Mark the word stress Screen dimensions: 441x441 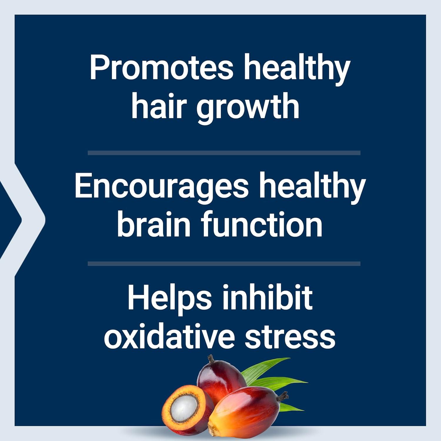pyautogui.click(x=290, y=337)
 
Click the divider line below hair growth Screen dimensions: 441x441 pyautogui.click(x=224, y=153)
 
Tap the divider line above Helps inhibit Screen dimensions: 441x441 pyautogui.click(x=224, y=264)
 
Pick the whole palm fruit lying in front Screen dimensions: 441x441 pyautogui.click(x=247, y=412)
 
